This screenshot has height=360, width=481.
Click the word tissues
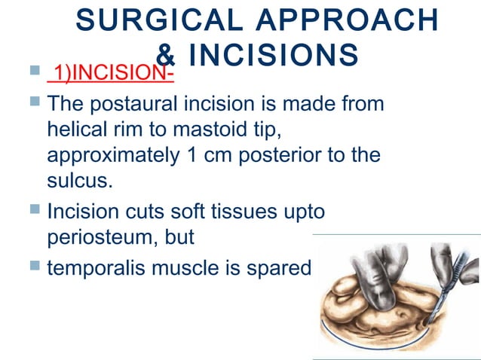click(244, 212)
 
